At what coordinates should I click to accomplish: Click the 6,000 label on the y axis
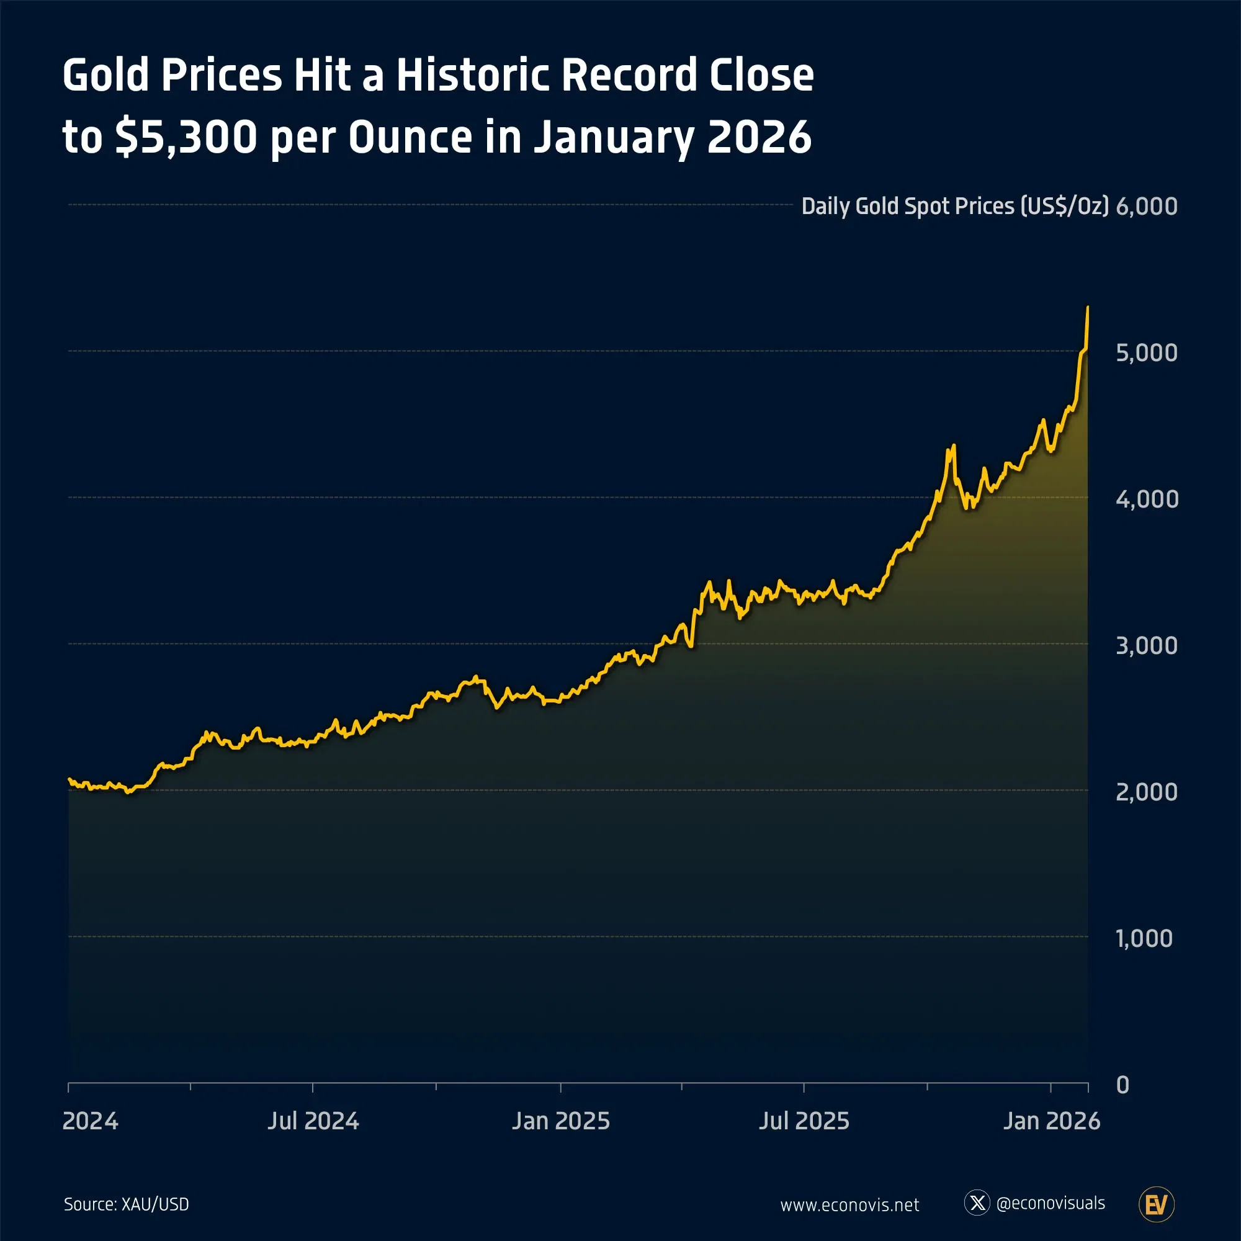click(x=1147, y=206)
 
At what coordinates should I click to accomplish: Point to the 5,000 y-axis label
click(x=1147, y=352)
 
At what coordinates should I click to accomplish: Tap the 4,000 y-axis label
click(x=1147, y=499)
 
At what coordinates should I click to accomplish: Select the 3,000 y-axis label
click(x=1147, y=645)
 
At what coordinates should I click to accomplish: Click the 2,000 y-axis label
click(x=1147, y=792)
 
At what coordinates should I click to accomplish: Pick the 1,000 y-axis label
click(x=1144, y=938)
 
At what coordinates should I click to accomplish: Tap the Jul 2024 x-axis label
click(x=313, y=1121)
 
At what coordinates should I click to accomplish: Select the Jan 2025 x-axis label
click(x=561, y=1121)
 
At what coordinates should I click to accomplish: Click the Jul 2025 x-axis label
click(x=804, y=1121)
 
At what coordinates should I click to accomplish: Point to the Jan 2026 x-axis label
click(x=1052, y=1121)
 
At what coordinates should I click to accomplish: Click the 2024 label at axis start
click(x=90, y=1121)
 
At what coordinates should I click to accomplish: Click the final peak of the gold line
click(x=1088, y=308)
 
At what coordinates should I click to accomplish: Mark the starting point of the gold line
click(x=69, y=779)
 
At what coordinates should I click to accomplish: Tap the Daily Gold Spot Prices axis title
click(x=954, y=206)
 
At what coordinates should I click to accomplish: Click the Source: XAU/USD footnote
click(x=127, y=1204)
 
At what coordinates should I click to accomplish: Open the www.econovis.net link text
click(x=849, y=1205)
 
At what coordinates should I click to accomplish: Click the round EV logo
click(x=1156, y=1204)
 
